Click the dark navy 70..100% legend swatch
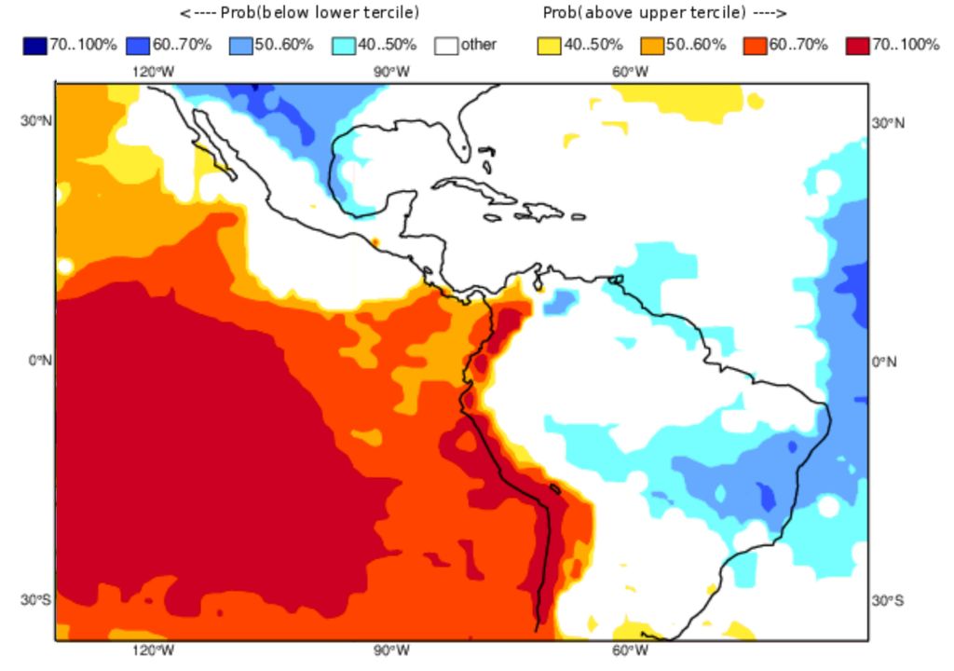[34, 45]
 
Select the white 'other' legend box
[447, 45]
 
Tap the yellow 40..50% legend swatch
[550, 45]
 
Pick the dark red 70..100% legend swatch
[857, 45]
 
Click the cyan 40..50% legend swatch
[345, 45]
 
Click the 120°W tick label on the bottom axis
[152, 650]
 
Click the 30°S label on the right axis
[888, 600]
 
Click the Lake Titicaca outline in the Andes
[554, 487]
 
